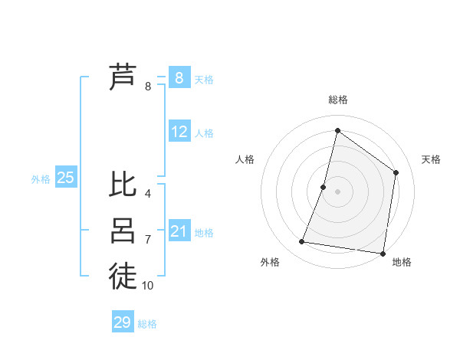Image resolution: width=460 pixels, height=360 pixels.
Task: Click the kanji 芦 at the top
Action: click(x=123, y=78)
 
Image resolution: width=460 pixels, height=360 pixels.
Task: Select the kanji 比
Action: click(x=123, y=185)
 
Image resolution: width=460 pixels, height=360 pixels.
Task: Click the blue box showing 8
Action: click(x=179, y=78)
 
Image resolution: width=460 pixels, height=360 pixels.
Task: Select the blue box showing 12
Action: click(x=179, y=132)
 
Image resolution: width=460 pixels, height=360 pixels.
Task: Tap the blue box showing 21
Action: click(x=179, y=231)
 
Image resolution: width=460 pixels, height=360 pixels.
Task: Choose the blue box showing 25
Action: click(x=66, y=178)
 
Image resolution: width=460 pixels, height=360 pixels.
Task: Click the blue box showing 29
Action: click(x=123, y=322)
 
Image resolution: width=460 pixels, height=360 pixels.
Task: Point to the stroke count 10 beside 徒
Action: click(x=148, y=285)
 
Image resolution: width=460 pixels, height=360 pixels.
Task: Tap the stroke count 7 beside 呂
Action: click(x=147, y=240)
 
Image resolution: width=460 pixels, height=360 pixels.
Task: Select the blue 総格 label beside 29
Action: click(x=147, y=324)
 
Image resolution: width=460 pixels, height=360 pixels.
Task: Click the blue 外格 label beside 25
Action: click(x=41, y=179)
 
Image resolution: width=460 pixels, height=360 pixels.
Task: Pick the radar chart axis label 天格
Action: click(x=431, y=159)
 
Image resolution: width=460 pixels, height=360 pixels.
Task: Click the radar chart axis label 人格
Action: click(x=245, y=159)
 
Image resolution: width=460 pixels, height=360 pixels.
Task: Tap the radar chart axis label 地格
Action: click(x=402, y=262)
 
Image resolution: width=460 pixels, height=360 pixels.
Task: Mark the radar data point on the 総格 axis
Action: click(x=337, y=130)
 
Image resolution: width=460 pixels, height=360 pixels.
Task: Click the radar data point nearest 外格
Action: click(x=302, y=242)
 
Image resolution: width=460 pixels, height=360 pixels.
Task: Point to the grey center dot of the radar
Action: click(x=337, y=191)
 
